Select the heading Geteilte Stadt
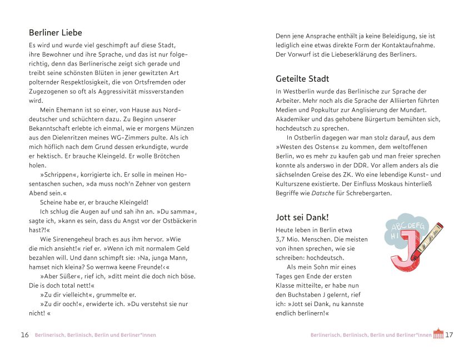click(302, 79)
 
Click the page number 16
click(24, 335)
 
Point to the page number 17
click(450, 335)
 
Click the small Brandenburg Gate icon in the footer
click(438, 334)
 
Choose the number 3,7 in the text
click(282, 239)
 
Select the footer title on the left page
click(96, 335)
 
